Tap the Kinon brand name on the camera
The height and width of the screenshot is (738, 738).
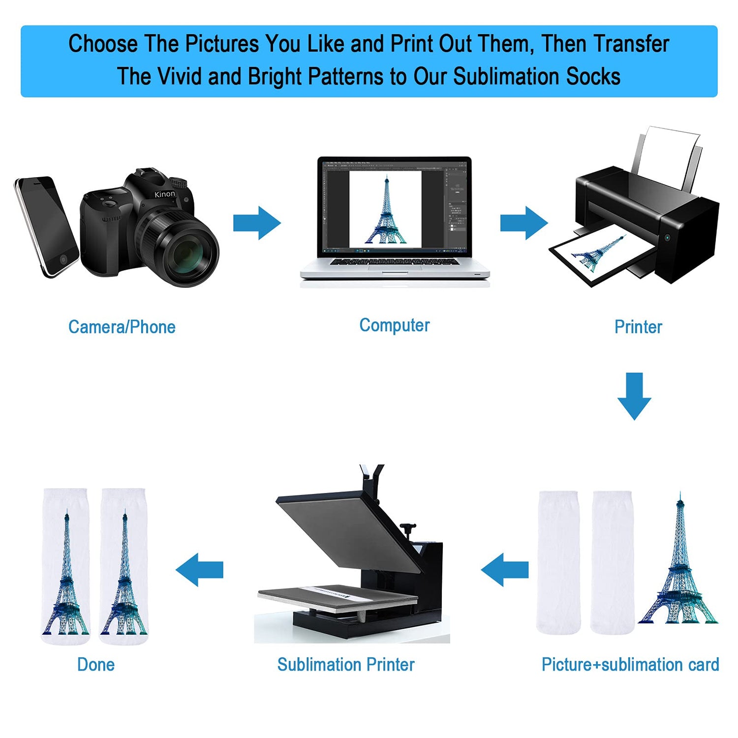pyautogui.click(x=164, y=194)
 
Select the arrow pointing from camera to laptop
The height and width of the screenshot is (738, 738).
pyautogui.click(x=257, y=223)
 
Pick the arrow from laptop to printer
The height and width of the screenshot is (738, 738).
pyautogui.click(x=524, y=223)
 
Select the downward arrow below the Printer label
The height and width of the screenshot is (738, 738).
pyautogui.click(x=635, y=396)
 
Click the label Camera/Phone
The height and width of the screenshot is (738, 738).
pyautogui.click(x=122, y=327)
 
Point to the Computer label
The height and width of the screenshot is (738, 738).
pyautogui.click(x=395, y=326)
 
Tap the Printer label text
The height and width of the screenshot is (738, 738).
pyautogui.click(x=638, y=327)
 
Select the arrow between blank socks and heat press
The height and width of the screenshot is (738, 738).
pyautogui.click(x=505, y=570)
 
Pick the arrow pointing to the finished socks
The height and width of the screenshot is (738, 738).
pyautogui.click(x=199, y=570)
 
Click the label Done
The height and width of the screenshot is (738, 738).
pyautogui.click(x=96, y=665)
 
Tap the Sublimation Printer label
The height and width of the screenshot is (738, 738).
pyautogui.click(x=346, y=665)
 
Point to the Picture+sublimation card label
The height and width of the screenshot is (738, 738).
pyautogui.click(x=630, y=665)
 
